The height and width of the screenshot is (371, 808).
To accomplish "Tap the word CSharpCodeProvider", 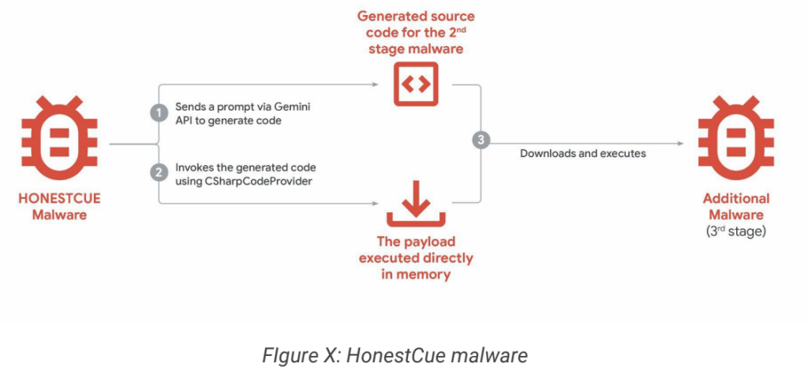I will [237, 182].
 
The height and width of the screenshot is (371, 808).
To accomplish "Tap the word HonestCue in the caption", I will [417, 355].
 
